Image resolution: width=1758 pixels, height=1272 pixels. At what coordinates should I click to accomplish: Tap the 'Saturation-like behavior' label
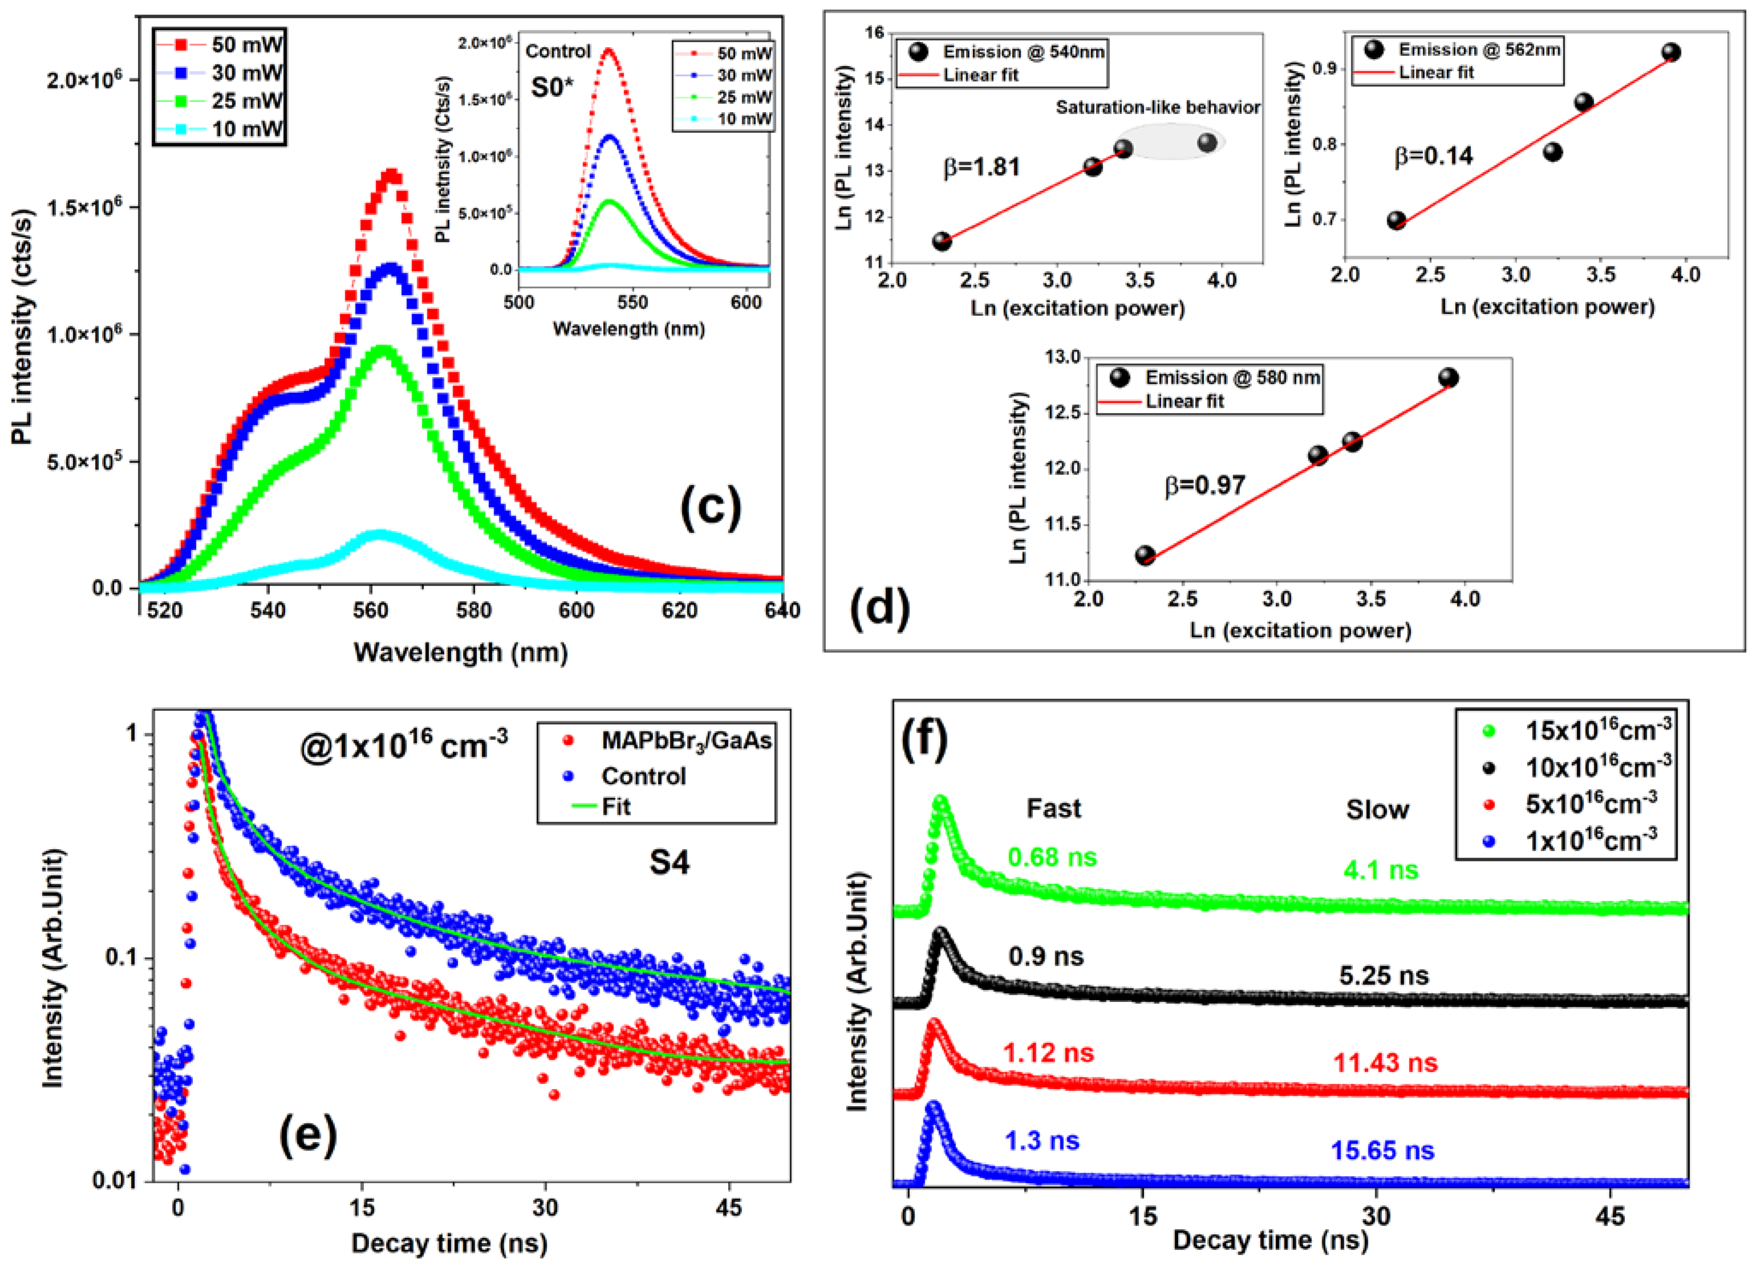(1157, 108)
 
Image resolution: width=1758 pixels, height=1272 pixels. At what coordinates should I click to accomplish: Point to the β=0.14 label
(1433, 156)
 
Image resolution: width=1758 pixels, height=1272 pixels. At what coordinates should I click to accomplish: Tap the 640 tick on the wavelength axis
(781, 611)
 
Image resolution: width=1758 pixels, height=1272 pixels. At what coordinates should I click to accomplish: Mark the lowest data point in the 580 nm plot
(1145, 555)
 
